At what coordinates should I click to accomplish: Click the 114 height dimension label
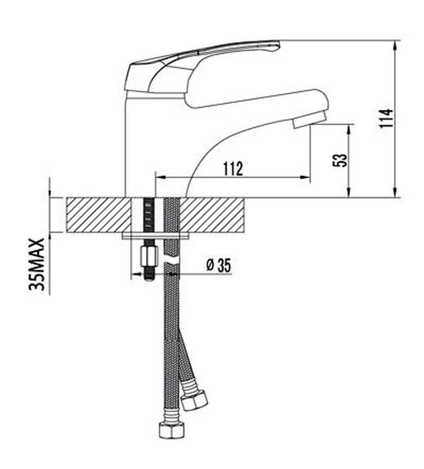click(386, 118)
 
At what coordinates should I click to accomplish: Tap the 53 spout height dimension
click(340, 161)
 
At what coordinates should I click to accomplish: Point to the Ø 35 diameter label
click(219, 265)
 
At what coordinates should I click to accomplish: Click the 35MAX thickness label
click(37, 264)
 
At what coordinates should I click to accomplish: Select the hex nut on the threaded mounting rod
click(149, 256)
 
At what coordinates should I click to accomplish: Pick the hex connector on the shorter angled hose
click(195, 400)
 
